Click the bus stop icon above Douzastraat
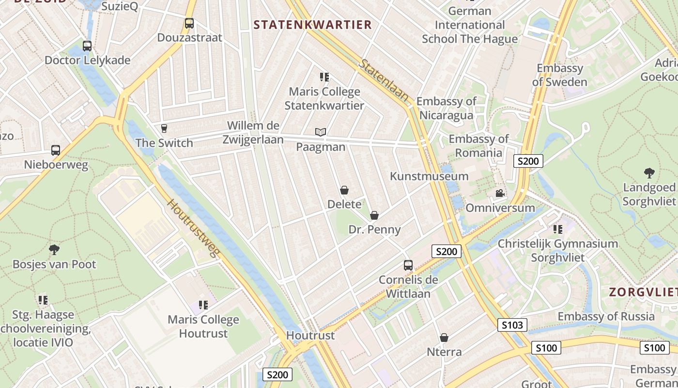coord(189,23)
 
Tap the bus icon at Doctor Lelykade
coord(87,46)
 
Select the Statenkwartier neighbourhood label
coord(313,25)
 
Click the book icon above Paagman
coord(321,132)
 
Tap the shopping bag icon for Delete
coord(344,190)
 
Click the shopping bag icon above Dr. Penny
coord(374,215)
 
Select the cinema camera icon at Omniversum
coord(500,194)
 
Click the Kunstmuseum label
coord(429,176)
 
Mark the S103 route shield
coord(512,325)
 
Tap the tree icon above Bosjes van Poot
coord(54,250)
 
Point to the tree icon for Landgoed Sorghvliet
coord(649,173)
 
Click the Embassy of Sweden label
coord(560,75)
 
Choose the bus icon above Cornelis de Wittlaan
coord(408,265)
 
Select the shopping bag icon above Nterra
coord(444,338)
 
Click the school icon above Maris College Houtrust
coord(203,305)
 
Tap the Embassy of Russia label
coord(606,317)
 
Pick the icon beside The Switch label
coord(164,128)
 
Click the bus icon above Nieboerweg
coord(56,150)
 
